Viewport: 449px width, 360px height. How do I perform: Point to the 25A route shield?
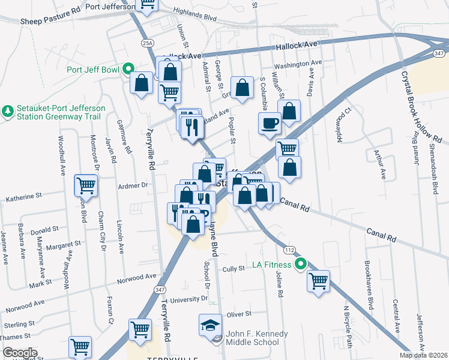click(148, 43)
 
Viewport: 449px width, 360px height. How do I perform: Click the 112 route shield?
click(289, 249)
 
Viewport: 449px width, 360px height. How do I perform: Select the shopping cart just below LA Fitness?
click(318, 280)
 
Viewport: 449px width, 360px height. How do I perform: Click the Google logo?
click(20, 353)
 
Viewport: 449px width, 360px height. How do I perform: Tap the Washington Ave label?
click(298, 64)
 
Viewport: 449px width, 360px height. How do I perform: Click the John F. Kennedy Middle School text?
click(253, 338)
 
